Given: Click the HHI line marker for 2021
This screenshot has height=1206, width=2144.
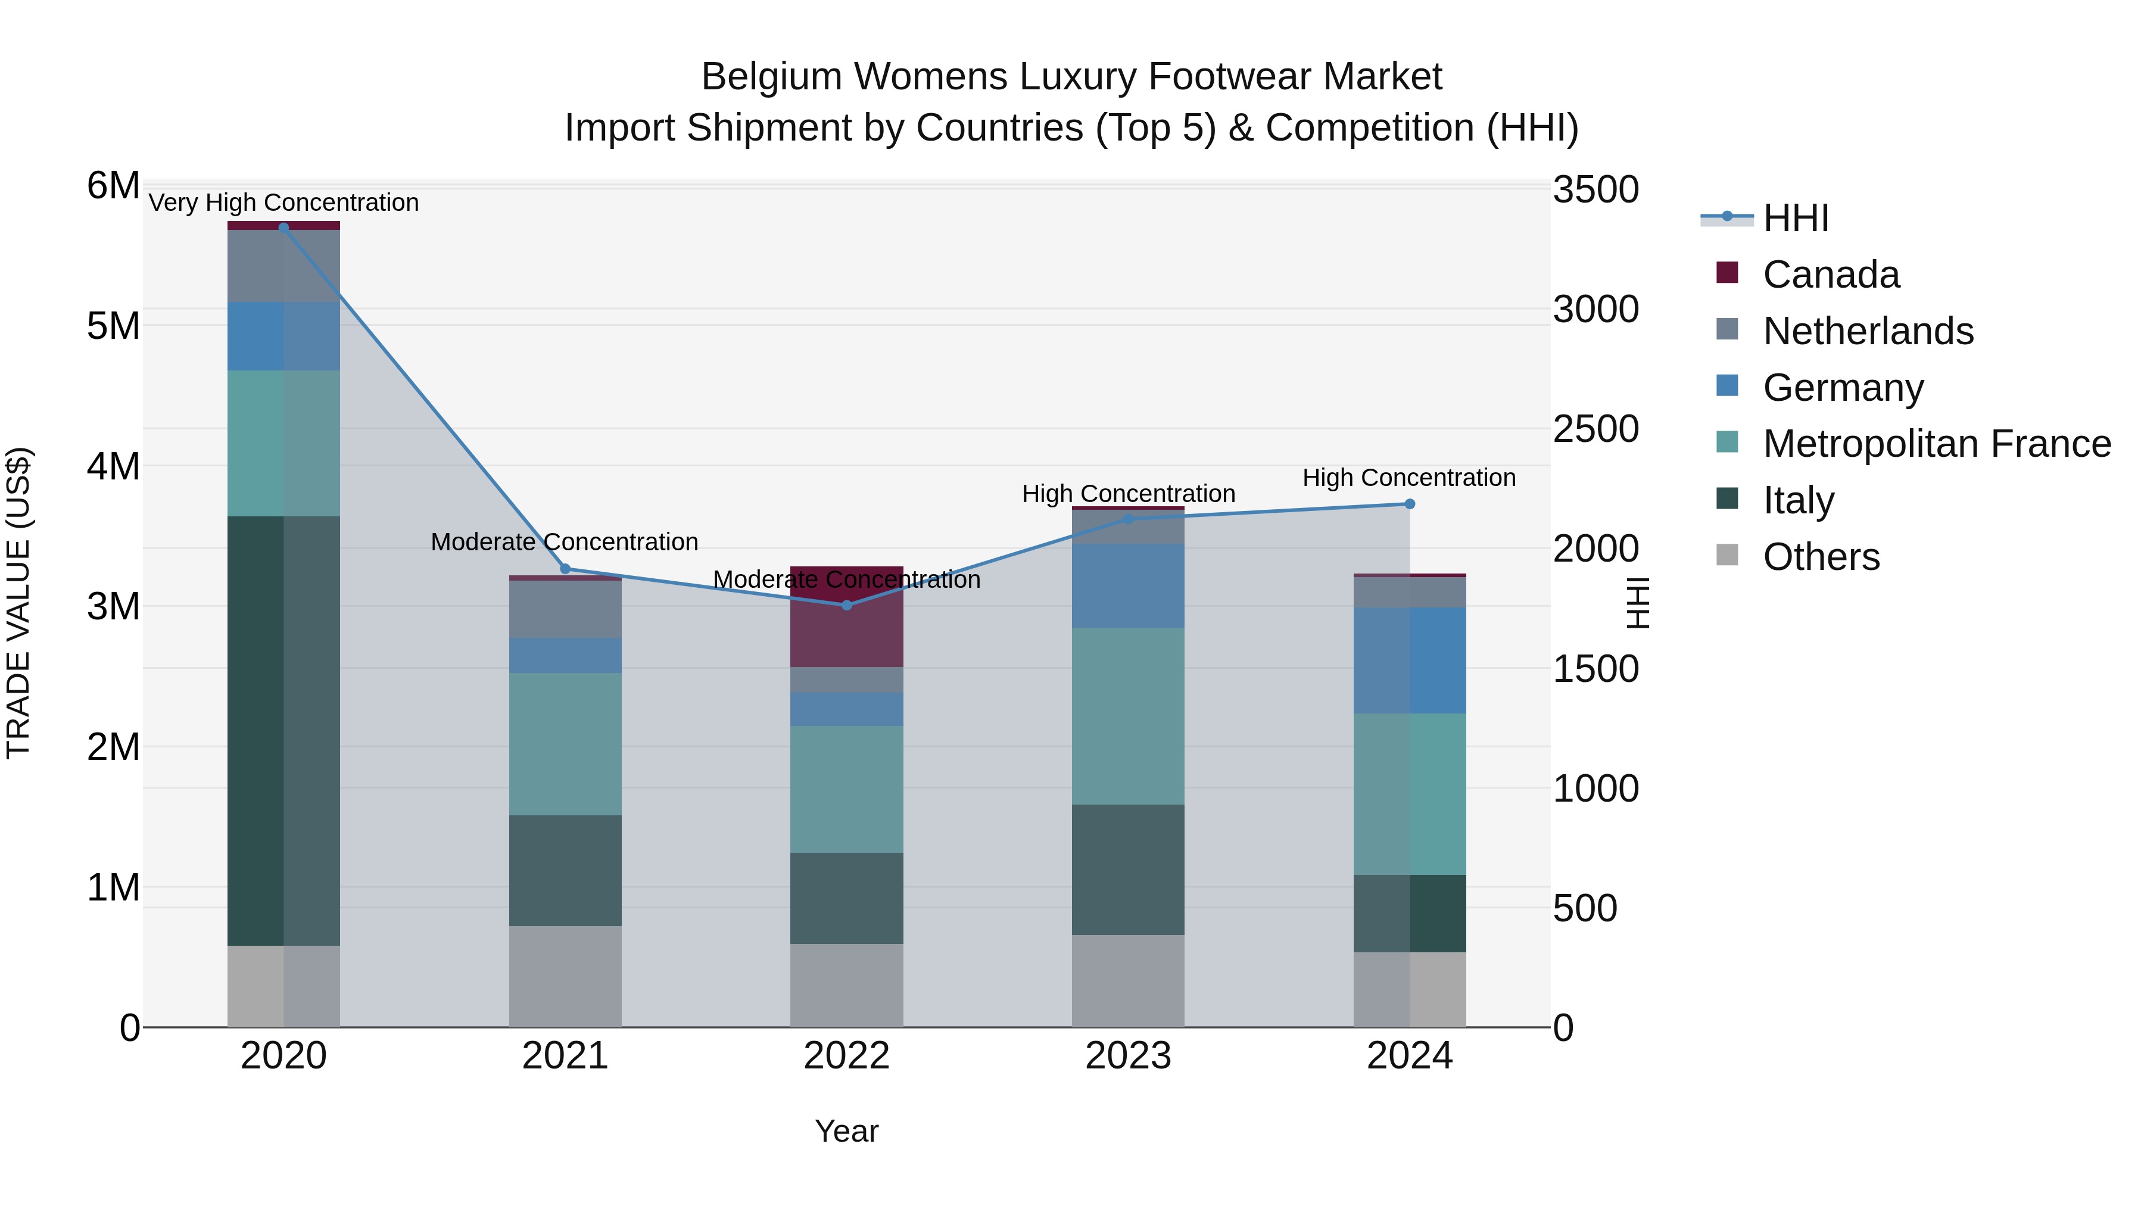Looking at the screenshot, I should pos(565,569).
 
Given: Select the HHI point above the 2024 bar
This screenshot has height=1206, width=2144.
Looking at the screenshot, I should pos(1409,503).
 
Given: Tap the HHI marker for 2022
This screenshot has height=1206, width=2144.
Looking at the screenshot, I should pos(846,605).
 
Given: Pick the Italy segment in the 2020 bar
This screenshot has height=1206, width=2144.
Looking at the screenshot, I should pos(283,731).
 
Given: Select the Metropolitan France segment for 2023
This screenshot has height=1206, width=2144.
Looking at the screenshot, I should pos(1128,716).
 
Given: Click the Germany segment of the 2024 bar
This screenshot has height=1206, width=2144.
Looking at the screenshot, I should pos(1409,660).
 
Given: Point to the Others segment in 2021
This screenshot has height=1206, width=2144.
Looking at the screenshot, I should pos(565,976).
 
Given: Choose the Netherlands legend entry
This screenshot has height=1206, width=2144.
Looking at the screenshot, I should pos(1867,331).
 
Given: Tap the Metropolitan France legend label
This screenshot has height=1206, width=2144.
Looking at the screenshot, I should pos(1936,444).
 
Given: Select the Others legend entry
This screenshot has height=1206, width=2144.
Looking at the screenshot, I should pos(1820,557).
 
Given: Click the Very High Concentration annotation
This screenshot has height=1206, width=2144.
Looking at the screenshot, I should pos(283,203).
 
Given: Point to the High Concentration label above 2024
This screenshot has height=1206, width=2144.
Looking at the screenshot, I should pos(1408,478).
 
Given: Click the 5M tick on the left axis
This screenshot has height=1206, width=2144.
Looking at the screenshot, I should pos(113,326).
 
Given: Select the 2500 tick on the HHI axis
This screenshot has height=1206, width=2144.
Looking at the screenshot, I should pos(1595,429).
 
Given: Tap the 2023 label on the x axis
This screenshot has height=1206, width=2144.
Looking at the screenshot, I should pos(1128,1056).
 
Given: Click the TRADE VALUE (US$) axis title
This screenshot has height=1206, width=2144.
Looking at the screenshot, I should pos(18,603).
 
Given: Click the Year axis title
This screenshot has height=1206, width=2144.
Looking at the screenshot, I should pos(846,1131).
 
